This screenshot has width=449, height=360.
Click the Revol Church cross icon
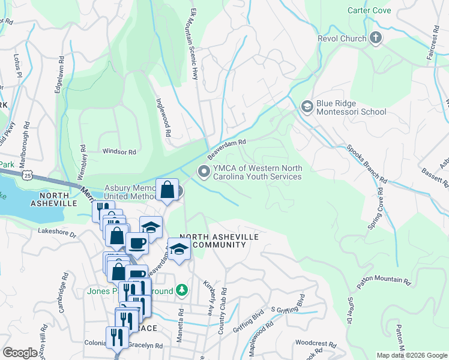(376, 39)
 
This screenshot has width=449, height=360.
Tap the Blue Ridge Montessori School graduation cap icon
(307, 107)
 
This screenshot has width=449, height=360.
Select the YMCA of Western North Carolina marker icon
(205, 172)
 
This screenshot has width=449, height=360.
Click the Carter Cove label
(369, 11)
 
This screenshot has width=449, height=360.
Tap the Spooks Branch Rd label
(365, 163)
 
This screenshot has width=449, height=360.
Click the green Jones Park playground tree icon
(182, 292)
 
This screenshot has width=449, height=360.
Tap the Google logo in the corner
(20, 353)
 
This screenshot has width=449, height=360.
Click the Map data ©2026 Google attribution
(411, 355)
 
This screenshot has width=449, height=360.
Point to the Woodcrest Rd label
(316, 344)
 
